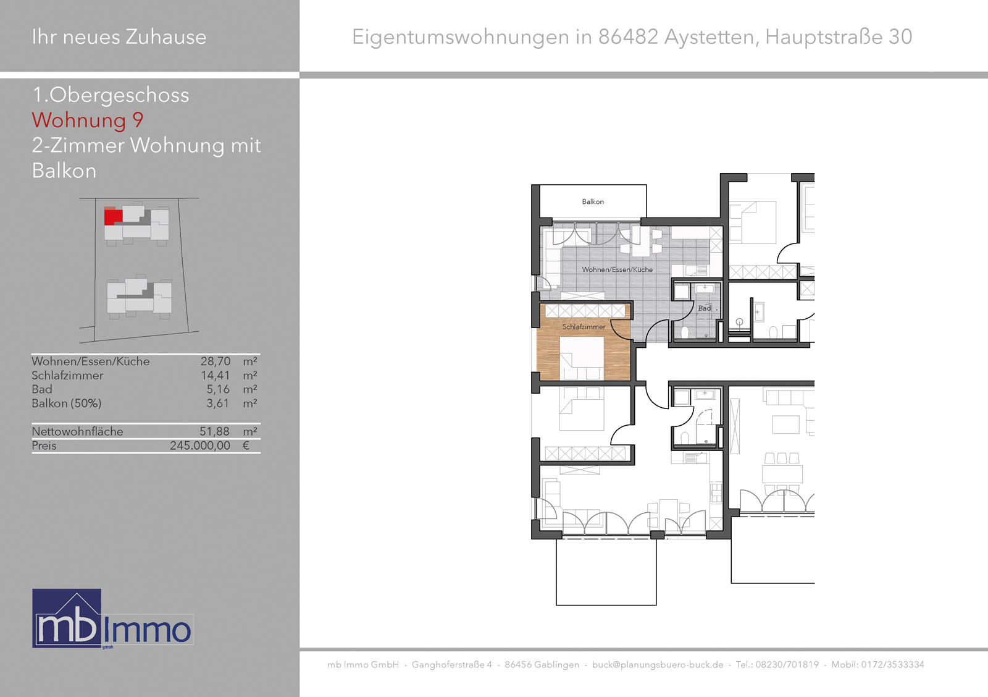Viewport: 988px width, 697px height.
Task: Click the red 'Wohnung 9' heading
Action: coord(87,120)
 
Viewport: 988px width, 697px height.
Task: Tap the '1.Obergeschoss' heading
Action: coord(111,95)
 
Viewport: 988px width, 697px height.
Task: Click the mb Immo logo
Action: coord(112,619)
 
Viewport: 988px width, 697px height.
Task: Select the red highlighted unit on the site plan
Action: coord(113,217)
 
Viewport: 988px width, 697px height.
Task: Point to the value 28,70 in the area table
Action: coord(216,361)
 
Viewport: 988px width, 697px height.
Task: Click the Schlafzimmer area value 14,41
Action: coord(216,375)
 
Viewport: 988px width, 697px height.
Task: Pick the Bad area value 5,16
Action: coord(218,389)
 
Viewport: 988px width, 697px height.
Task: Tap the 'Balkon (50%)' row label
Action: coord(66,403)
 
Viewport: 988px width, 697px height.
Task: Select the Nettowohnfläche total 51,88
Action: coord(215,431)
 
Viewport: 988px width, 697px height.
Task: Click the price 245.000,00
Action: coord(200,446)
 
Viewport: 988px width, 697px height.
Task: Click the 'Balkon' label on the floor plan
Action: coord(593,201)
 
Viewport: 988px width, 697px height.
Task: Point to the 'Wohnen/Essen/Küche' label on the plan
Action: coord(617,269)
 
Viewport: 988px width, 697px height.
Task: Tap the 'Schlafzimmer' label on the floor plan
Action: coord(584,327)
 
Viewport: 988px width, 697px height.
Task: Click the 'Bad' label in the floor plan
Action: coord(705,308)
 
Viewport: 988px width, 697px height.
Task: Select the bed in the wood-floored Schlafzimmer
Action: coord(582,358)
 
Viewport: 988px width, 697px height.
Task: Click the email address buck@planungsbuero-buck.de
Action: coord(658,665)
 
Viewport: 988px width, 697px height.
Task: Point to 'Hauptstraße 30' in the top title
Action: coord(839,36)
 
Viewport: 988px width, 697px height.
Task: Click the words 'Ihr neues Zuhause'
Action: coord(119,36)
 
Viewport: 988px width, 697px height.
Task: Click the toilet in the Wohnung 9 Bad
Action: coord(685,332)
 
